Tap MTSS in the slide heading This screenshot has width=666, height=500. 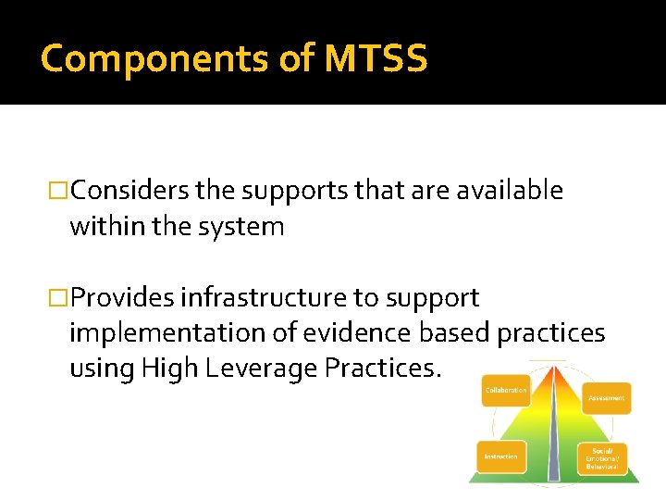(376, 58)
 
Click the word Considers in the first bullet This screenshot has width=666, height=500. (130, 191)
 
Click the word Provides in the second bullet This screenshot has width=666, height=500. (122, 298)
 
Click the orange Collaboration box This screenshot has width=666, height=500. (506, 391)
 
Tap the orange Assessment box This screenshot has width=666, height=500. (607, 398)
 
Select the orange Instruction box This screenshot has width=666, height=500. (501, 456)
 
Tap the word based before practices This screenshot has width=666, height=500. (453, 333)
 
